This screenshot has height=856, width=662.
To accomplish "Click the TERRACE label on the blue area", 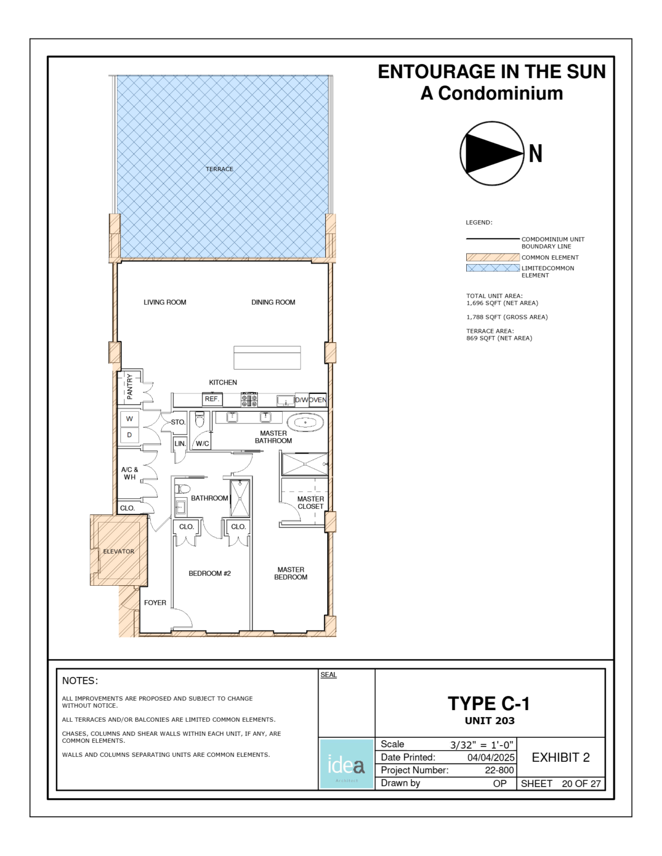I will click(x=219, y=169).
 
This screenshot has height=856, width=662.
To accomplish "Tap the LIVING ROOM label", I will click(x=165, y=302).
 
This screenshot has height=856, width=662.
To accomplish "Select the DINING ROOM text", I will click(x=273, y=302).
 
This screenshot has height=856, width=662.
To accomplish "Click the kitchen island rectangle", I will click(x=267, y=357).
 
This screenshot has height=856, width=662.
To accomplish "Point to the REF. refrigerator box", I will click(x=212, y=399).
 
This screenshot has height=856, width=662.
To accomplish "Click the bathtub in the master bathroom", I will click(x=305, y=422).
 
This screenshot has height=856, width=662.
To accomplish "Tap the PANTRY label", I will click(x=129, y=386).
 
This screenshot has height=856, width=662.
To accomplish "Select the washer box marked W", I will click(x=129, y=419).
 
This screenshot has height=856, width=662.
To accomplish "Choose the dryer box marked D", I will click(x=129, y=435).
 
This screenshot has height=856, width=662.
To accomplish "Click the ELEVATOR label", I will click(x=118, y=551).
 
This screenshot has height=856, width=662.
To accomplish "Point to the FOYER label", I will click(x=155, y=602).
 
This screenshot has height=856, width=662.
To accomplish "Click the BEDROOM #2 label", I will click(x=209, y=573).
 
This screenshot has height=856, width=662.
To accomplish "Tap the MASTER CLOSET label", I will click(x=310, y=503).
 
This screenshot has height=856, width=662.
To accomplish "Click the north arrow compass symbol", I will click(x=492, y=153).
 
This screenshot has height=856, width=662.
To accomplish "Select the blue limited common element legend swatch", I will click(x=492, y=268).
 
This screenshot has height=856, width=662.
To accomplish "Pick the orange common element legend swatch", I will click(x=492, y=257).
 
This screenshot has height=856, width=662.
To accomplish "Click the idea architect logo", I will click(x=346, y=764).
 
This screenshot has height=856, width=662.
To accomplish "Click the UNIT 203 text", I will click(x=490, y=721).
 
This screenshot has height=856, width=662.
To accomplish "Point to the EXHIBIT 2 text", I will click(x=560, y=757).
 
